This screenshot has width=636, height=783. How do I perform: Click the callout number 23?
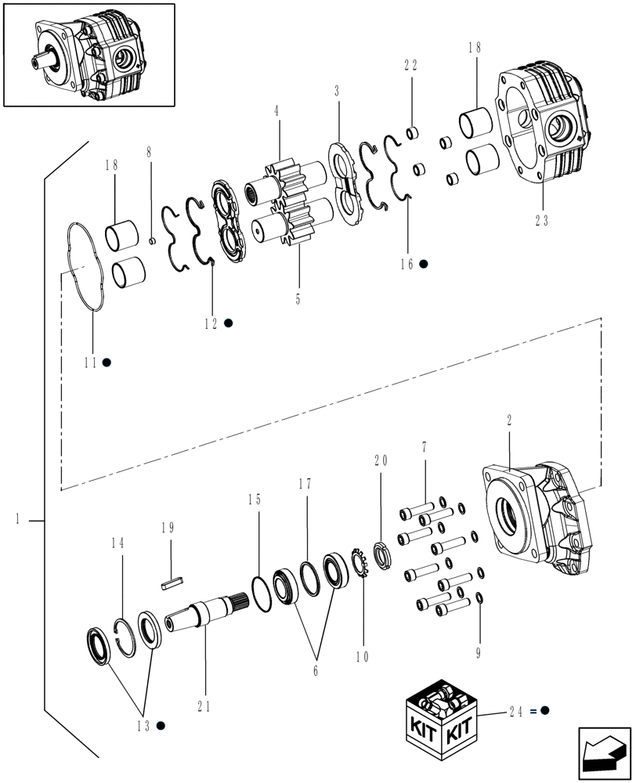pyautogui.click(x=542, y=221)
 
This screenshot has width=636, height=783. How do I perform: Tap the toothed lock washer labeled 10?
pyautogui.click(x=362, y=561)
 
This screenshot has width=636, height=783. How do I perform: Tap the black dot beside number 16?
pyautogui.click(x=424, y=264)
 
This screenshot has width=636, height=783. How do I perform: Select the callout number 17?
pyautogui.click(x=305, y=485)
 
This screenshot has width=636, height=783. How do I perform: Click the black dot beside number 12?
pyautogui.click(x=228, y=323)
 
